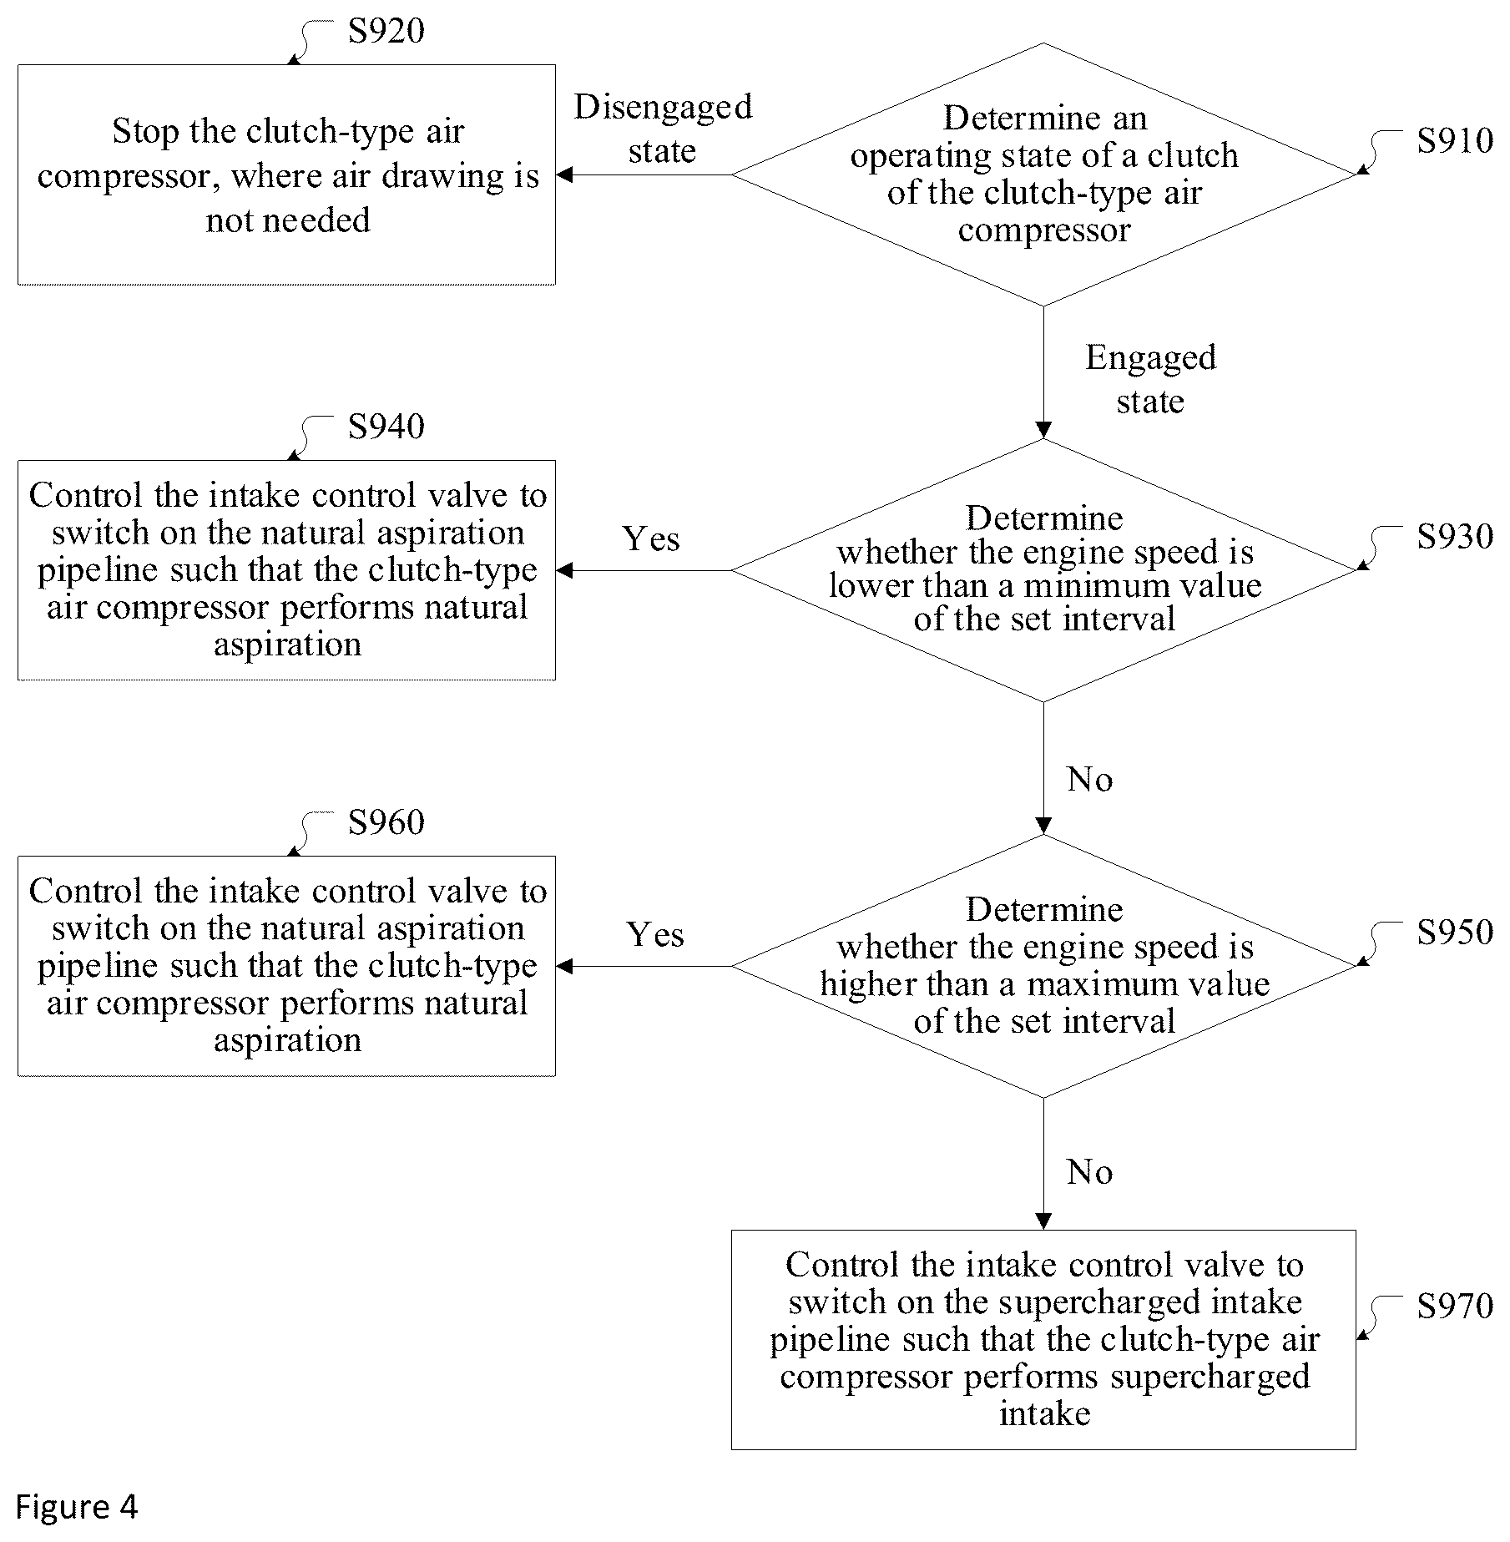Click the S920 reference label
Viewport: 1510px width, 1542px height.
386,31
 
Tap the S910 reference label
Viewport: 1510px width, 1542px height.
1455,140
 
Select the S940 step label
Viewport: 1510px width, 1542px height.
386,427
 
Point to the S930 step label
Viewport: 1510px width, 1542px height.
1455,536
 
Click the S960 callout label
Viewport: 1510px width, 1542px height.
386,822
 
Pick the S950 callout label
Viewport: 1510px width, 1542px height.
1455,932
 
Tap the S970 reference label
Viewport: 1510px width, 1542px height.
1455,1306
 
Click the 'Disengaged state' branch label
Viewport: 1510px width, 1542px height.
663,129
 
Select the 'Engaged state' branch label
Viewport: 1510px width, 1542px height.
1150,379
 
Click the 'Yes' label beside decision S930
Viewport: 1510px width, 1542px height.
651,538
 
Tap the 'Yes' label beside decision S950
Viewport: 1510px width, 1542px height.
655,934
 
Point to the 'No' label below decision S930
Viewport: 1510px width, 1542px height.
1089,779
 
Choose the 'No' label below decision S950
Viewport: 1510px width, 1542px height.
1089,1172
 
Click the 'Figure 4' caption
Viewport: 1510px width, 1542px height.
77,1506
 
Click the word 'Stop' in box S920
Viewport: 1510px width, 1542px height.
145,132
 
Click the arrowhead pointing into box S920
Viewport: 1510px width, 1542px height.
564,174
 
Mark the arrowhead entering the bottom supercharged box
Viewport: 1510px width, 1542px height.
1043,1221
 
